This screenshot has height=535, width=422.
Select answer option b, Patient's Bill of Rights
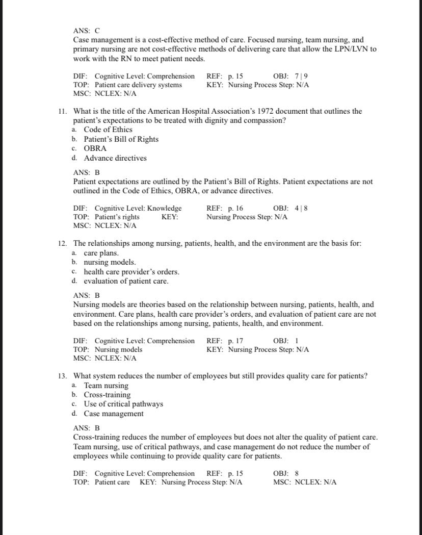click(121, 139)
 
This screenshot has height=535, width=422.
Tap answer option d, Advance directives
click(115, 158)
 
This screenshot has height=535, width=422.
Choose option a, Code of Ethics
click(108, 130)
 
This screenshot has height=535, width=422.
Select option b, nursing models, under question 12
click(109, 262)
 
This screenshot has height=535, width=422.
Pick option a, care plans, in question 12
click(101, 253)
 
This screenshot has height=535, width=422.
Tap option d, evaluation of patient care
click(126, 281)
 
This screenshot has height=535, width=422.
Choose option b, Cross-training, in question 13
click(107, 395)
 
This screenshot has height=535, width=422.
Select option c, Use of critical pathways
click(123, 404)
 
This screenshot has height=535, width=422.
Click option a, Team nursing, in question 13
click(106, 386)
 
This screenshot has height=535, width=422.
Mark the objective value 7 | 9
click(301, 76)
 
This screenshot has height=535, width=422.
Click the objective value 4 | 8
click(301, 208)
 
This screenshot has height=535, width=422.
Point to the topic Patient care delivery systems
click(138, 85)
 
